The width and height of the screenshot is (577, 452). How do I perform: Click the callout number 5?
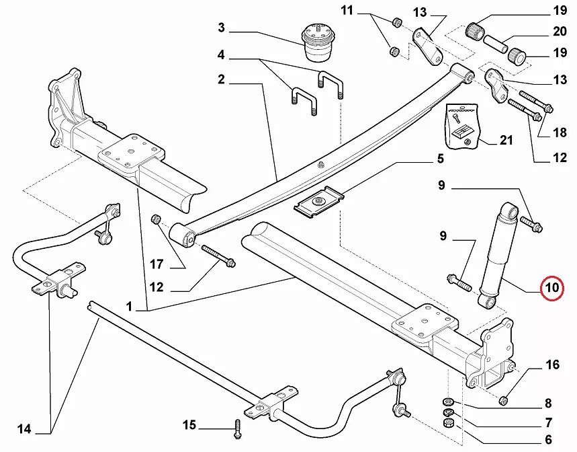(x=441, y=159)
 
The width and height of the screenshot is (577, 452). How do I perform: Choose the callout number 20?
(x=560, y=32)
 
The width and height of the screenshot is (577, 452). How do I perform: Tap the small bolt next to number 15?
(x=236, y=425)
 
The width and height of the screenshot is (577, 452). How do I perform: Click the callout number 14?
(x=24, y=428)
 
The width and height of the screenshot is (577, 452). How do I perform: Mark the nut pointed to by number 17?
(x=156, y=219)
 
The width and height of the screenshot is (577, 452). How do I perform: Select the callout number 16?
(x=552, y=365)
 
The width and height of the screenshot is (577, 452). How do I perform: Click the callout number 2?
(x=221, y=79)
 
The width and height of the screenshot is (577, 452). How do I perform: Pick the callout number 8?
(x=548, y=404)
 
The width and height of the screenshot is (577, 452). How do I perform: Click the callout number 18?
(x=560, y=133)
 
